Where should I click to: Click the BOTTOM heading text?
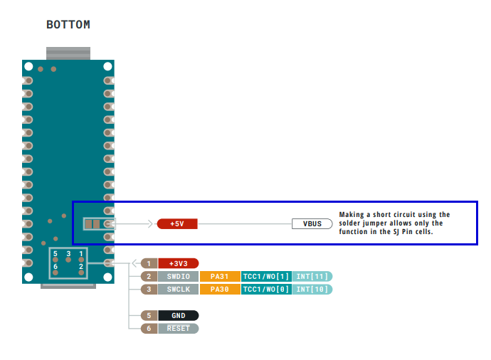point(68,25)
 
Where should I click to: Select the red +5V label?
point(177,223)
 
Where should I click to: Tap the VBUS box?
point(312,223)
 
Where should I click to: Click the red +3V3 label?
point(178,263)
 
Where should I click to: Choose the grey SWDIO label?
point(178,276)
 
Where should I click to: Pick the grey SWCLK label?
point(178,289)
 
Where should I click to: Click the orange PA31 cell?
point(220,276)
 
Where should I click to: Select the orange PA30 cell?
point(220,289)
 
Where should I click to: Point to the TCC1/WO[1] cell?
point(265,276)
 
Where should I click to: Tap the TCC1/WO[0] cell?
point(265,289)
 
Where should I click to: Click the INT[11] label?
point(311,276)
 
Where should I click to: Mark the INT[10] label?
point(311,289)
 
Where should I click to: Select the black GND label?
point(178,315)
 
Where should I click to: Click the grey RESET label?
point(178,328)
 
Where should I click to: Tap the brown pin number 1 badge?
point(148,263)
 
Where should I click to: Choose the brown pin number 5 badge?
point(148,315)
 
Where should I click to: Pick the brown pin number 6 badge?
point(148,328)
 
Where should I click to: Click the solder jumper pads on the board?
point(92,224)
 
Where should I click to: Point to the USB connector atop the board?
point(68,54)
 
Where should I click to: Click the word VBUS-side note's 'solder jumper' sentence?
point(394,223)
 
